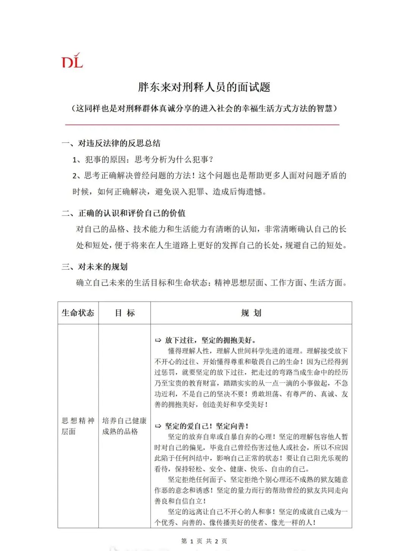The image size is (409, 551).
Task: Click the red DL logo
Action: pyautogui.click(x=72, y=61)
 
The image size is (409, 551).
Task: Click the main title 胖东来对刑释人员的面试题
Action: pyautogui.click(x=204, y=87)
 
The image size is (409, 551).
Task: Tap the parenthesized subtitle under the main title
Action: pyautogui.click(x=204, y=109)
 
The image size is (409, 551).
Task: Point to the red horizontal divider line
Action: pyautogui.click(x=202, y=124)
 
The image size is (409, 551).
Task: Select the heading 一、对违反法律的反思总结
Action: pyautogui.click(x=111, y=143)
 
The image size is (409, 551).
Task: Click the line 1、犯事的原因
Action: pyautogui.click(x=143, y=159)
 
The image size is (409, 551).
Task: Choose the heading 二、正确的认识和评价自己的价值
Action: pyautogui.click(x=123, y=213)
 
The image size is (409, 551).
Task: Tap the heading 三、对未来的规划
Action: pyautogui.click(x=95, y=267)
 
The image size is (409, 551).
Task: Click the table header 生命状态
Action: pyautogui.click(x=78, y=313)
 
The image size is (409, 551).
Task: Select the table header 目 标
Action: pyautogui.click(x=125, y=313)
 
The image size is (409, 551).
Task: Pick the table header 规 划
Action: pyautogui.click(x=251, y=313)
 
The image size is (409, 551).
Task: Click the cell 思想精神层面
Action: pyautogui.click(x=78, y=426)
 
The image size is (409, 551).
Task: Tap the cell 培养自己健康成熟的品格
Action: pyautogui.click(x=124, y=426)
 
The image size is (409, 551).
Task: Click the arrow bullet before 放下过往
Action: pyautogui.click(x=158, y=340)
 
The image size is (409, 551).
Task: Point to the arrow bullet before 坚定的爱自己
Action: pyautogui.click(x=158, y=426)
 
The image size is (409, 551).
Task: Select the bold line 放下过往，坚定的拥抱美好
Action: pyautogui.click(x=211, y=340)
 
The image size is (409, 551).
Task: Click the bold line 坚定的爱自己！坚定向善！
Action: pyautogui.click(x=207, y=426)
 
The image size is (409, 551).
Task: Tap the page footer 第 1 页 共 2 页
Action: pyautogui.click(x=204, y=541)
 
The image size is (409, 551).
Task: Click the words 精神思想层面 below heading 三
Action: pyautogui.click(x=239, y=283)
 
